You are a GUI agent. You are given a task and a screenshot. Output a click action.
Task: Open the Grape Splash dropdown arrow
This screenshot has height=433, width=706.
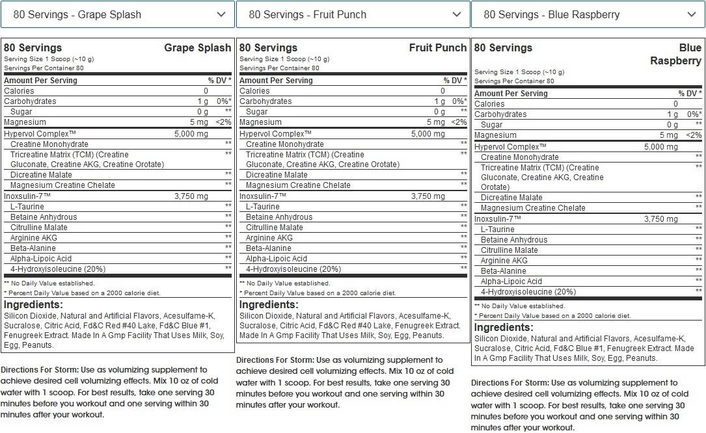coord(221,14)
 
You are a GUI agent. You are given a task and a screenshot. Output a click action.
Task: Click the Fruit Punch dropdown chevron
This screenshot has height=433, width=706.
coord(457,14)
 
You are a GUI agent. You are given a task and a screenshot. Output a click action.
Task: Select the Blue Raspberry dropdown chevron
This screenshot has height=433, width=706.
coord(691,14)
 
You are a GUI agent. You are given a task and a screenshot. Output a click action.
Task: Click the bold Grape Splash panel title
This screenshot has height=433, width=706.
coord(197,47)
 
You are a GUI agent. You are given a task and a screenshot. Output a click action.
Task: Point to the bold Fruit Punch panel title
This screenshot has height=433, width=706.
coord(437,47)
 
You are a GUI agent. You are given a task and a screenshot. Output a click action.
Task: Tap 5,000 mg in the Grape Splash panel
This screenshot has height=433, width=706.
coord(191,134)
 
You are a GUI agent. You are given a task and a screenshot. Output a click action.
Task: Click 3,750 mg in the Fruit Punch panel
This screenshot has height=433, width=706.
coord(427,196)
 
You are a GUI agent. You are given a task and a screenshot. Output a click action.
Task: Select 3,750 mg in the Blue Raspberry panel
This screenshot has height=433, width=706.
coord(660,219)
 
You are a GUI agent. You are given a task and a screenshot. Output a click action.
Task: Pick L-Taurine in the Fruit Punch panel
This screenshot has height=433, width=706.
coord(263,207)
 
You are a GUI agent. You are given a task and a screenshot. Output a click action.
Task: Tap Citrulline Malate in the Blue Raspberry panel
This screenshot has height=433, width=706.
coord(509,250)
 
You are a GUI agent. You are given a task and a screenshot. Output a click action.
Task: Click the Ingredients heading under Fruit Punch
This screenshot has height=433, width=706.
coord(269,305)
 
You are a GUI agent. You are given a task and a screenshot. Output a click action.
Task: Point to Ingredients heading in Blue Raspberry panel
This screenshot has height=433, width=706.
coord(504,328)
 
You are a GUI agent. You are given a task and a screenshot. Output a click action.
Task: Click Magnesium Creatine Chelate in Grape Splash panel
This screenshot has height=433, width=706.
coord(62,185)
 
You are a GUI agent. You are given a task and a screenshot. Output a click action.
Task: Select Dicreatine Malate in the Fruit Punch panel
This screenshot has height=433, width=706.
coord(277,175)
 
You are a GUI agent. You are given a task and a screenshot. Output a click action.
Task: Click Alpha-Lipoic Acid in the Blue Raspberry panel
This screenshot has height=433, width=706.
coord(511,282)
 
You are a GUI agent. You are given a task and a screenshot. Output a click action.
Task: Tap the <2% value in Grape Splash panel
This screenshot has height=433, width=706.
coord(223,122)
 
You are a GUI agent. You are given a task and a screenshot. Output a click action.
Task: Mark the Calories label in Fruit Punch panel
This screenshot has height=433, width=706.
coord(254,91)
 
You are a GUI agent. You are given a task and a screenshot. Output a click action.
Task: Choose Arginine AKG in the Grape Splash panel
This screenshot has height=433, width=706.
coord(34,237)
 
